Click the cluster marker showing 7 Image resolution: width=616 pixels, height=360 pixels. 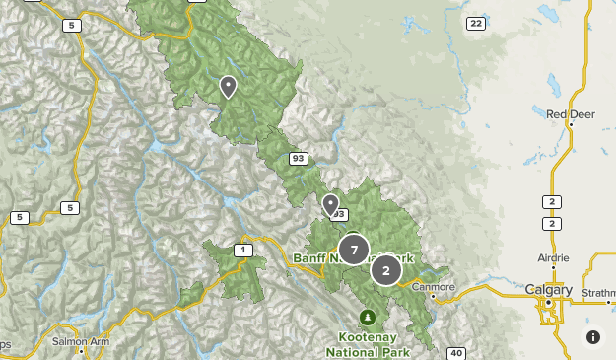[x=354, y=250]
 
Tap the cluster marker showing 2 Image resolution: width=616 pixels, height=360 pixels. [x=386, y=269]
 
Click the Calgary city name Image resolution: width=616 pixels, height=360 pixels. [x=549, y=290]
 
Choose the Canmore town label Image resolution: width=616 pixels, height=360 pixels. [x=434, y=287]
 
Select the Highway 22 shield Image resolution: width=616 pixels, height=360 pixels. [x=476, y=24]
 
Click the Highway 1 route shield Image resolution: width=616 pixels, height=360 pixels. [x=241, y=250]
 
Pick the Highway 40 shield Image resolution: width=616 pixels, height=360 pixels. [x=455, y=353]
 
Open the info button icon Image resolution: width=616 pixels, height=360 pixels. [x=593, y=337]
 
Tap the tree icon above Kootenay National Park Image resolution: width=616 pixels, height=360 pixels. [x=368, y=317]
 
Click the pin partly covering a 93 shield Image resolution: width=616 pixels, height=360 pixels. [x=331, y=204]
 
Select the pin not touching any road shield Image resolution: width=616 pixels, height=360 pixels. [x=228, y=87]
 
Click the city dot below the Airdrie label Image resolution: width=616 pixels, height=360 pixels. [x=553, y=267]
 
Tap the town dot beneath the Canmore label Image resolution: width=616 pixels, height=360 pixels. [x=434, y=297]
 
